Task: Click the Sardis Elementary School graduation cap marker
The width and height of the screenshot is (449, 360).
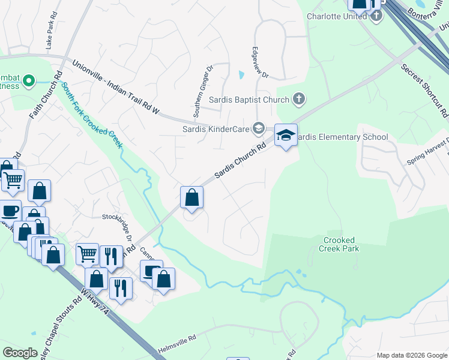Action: coord(286,136)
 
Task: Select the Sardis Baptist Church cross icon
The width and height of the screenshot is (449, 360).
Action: coord(299,100)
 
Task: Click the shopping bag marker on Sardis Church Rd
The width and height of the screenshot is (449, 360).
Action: coord(191,197)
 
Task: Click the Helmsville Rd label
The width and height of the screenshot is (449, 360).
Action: coord(176,344)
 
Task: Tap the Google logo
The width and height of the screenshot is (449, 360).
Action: coord(20,353)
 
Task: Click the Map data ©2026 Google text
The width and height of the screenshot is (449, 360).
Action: coord(411,355)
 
